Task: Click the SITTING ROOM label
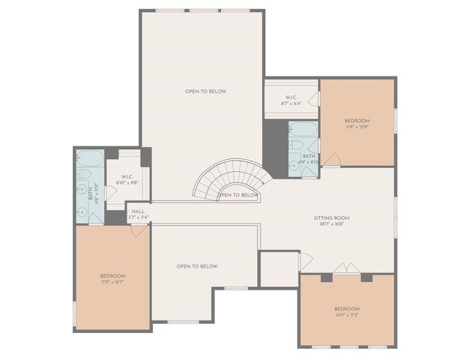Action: pos(331,218)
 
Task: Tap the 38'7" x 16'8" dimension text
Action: pos(331,224)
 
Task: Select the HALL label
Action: pos(138,211)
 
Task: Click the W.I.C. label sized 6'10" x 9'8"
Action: pos(126,178)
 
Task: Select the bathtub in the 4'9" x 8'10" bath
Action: pos(303,128)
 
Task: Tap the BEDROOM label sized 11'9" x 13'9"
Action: pos(357,121)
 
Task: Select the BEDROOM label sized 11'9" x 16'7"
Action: pos(112,277)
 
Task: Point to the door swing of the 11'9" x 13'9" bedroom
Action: pos(331,160)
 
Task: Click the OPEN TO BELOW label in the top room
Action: pos(205,91)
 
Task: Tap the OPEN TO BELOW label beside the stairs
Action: pos(239,195)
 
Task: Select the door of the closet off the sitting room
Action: pos(304,262)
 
